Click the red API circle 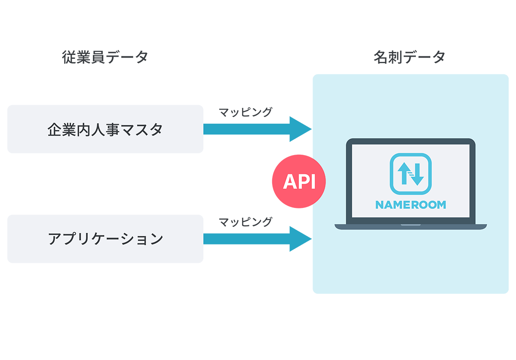299,182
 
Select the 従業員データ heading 105,57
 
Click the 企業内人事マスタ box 105,129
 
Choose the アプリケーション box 105,238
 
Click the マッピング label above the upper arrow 246,112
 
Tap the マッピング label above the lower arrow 246,222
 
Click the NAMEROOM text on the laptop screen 411,205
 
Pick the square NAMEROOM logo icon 411,174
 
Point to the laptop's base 411,226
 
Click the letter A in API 289,182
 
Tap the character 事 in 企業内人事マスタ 113,129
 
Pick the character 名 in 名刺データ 381,57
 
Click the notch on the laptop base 411,225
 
